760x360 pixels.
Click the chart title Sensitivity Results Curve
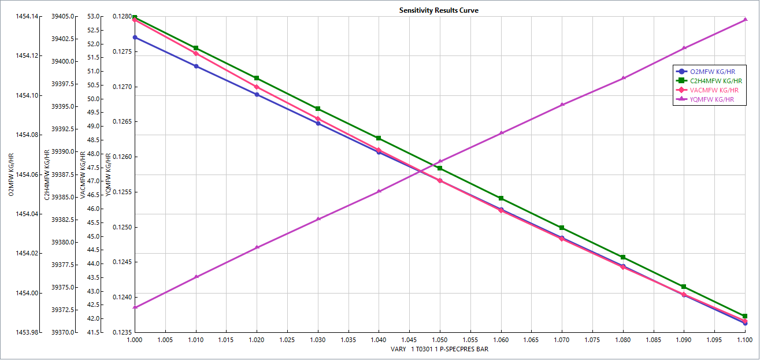click(439, 10)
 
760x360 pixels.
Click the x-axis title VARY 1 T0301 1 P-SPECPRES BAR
click(439, 350)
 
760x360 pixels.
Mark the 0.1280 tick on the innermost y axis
click(123, 16)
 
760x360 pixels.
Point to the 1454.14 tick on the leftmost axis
click(28, 16)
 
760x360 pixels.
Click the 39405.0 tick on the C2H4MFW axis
click(63, 16)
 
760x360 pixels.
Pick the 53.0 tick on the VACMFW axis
click(94, 16)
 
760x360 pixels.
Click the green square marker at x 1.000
click(135, 17)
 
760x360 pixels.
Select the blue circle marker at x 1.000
click(135, 38)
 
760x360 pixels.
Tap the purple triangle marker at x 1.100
click(745, 20)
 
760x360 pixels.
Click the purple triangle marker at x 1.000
click(135, 307)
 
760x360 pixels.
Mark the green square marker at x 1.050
click(440, 168)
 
